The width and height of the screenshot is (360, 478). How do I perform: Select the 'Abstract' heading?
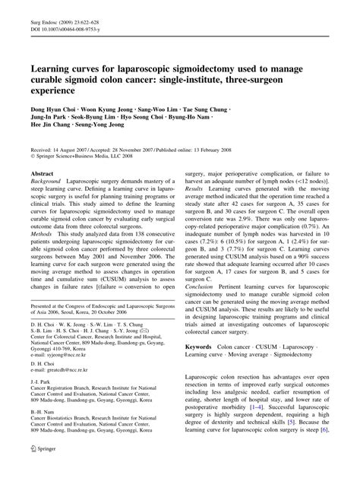pos(45,173)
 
